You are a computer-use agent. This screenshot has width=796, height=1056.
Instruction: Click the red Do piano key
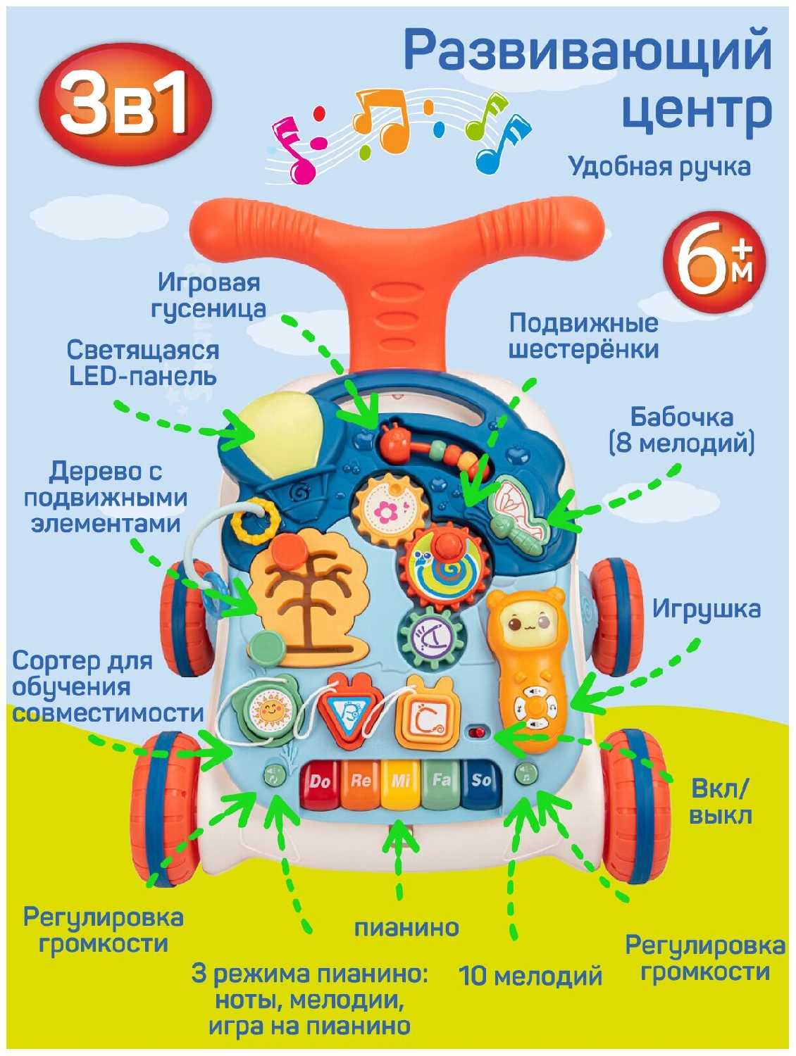[321, 785]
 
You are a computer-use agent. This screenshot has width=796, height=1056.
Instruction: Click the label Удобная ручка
[659, 167]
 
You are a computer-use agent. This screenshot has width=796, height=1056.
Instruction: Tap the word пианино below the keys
[406, 927]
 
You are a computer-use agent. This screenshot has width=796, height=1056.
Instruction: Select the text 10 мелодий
[530, 976]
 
